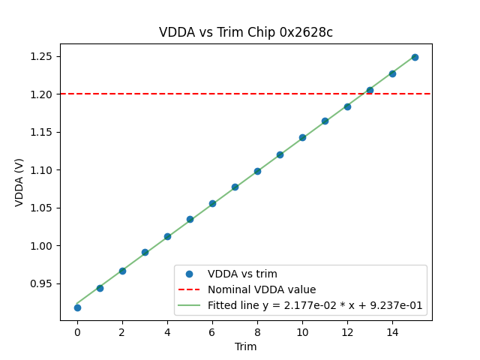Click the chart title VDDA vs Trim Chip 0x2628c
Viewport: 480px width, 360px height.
246,32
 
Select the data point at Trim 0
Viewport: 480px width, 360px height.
77,307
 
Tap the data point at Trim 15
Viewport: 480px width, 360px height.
415,57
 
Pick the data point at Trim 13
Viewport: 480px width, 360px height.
370,90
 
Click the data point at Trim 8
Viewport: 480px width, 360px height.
257,171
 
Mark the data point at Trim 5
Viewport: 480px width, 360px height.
190,220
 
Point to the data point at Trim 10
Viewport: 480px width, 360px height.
302,137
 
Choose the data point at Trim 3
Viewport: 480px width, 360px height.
145,252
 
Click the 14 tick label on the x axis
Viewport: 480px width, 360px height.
392,331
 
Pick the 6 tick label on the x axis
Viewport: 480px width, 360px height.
212,331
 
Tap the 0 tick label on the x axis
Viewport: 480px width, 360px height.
77,331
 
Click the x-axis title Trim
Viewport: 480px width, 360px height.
246,346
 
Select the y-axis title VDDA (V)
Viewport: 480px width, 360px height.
19,181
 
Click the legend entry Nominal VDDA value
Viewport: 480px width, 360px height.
262,289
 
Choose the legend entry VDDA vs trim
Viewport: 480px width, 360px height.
242,274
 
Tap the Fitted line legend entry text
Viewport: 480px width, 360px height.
315,305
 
